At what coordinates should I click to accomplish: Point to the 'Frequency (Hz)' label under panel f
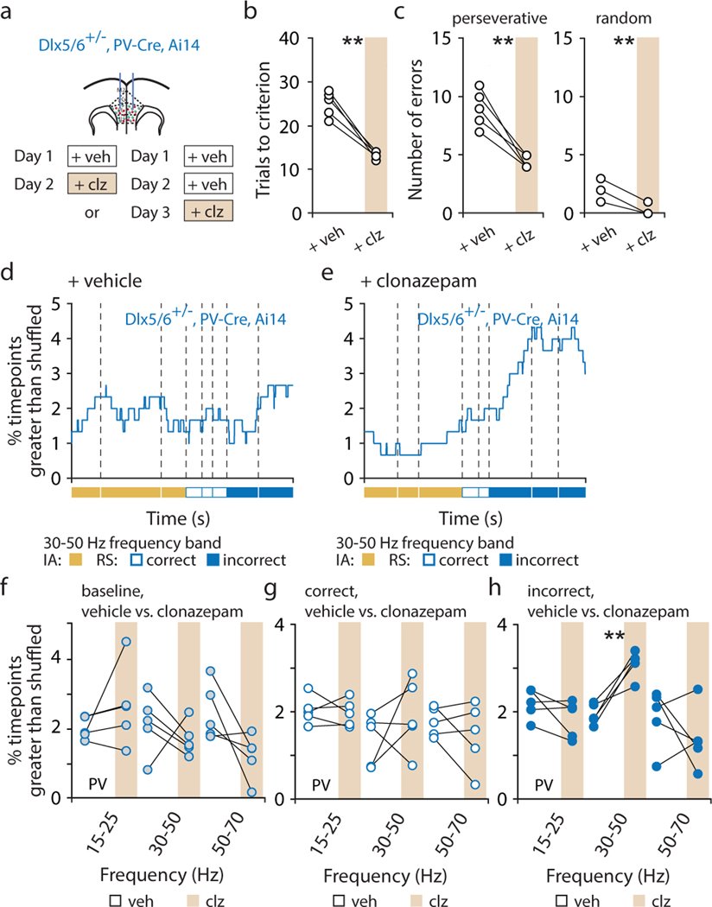click(137, 865)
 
